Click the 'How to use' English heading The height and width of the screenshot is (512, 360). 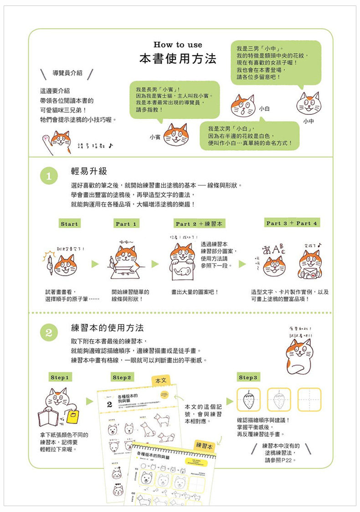178,45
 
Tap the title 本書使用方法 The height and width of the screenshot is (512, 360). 178,60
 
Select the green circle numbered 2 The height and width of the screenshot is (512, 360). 49,333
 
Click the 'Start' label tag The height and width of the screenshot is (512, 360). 69,224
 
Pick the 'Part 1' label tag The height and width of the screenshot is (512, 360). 126,224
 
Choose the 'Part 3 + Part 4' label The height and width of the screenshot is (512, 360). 292,223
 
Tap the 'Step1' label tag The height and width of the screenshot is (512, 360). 60,378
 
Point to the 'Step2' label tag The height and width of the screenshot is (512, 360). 122,378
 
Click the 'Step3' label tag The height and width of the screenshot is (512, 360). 248,378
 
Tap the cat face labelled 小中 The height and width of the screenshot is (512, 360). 309,103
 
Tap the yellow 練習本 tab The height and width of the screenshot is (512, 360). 204,445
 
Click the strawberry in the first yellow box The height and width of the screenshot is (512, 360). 248,399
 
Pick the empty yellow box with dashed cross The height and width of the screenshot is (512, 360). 309,399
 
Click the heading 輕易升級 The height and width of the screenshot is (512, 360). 89,171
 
